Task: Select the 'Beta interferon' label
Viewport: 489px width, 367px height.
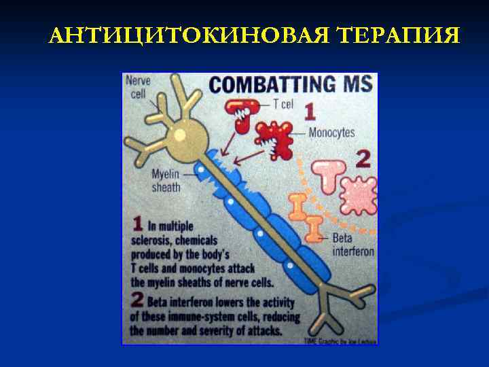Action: coord(352,245)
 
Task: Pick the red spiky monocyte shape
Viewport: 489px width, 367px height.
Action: coord(276,139)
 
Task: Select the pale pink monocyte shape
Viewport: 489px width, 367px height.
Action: coord(357,196)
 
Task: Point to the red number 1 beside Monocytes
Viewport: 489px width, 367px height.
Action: coord(309,112)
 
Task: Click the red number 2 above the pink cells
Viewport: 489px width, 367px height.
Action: coord(363,160)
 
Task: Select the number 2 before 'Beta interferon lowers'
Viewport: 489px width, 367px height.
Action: coord(137,300)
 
